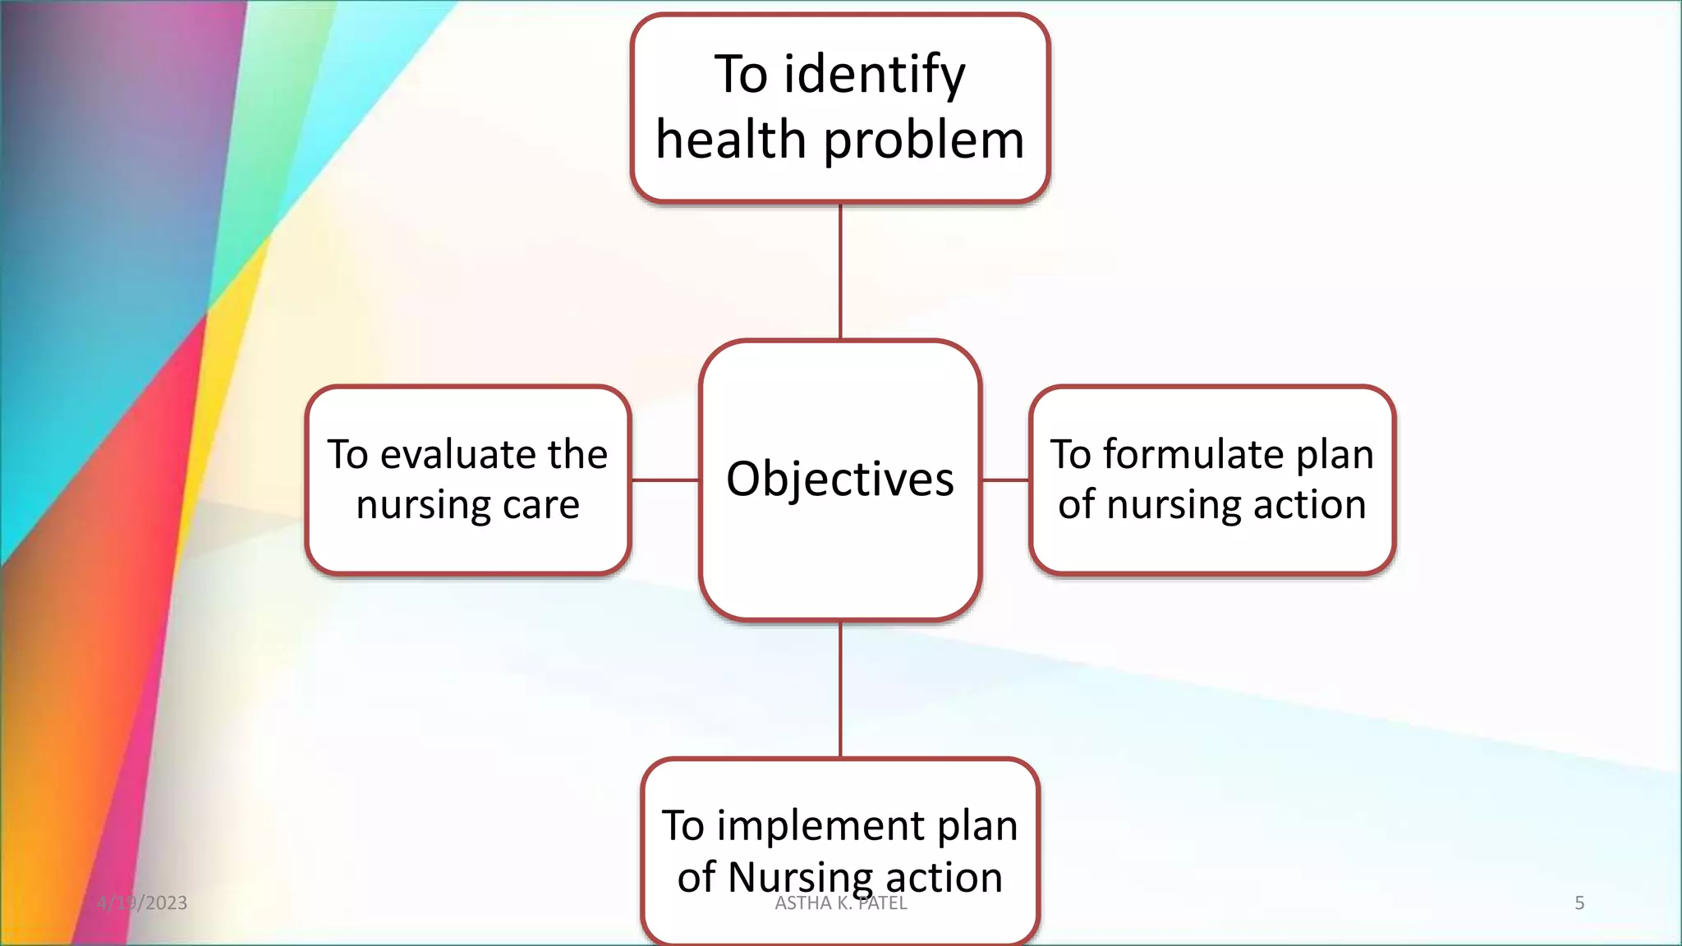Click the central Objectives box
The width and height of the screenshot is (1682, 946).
pos(840,480)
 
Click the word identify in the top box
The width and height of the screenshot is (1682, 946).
pos(875,76)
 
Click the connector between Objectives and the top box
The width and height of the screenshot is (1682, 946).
pos(840,271)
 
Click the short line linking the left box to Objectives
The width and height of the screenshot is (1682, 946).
pos(664,480)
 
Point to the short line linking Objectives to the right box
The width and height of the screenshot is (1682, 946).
pos(1005,480)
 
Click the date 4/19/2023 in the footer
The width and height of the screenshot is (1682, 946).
pos(142,903)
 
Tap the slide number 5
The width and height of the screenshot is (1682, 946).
pos(1579,903)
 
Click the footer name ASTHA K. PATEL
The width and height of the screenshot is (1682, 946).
pos(841,904)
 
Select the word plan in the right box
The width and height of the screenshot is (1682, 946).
pos(1335,456)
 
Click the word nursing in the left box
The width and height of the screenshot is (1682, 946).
pos(422,505)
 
